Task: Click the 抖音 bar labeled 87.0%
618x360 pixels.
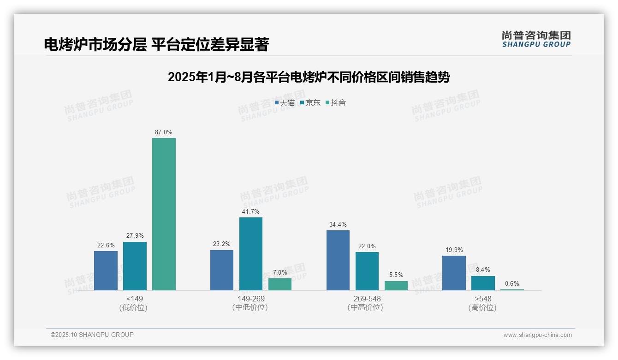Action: click(x=164, y=214)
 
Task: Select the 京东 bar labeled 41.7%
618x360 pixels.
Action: click(x=251, y=254)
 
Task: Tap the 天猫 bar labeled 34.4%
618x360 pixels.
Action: click(x=338, y=260)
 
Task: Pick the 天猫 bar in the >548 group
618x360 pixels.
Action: click(x=454, y=273)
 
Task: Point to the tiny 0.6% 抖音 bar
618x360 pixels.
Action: click(x=512, y=289)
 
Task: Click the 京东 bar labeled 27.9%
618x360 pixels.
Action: click(x=135, y=266)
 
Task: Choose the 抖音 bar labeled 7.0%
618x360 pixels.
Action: click(x=280, y=284)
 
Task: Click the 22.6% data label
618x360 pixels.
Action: click(x=106, y=245)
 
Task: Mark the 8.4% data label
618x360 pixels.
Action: click(x=483, y=270)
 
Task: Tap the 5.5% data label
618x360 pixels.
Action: click(x=396, y=275)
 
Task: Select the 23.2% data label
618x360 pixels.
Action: click(x=222, y=244)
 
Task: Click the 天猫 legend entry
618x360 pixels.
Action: click(x=285, y=103)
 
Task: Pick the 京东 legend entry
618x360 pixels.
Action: click(x=310, y=103)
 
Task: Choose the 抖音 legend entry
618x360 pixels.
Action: click(x=336, y=103)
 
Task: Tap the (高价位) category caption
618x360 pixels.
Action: click(x=482, y=308)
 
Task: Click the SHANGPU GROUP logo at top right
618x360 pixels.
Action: click(x=536, y=39)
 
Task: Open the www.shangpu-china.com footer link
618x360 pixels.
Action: click(x=537, y=335)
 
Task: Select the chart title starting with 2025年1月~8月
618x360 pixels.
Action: click(x=309, y=77)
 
